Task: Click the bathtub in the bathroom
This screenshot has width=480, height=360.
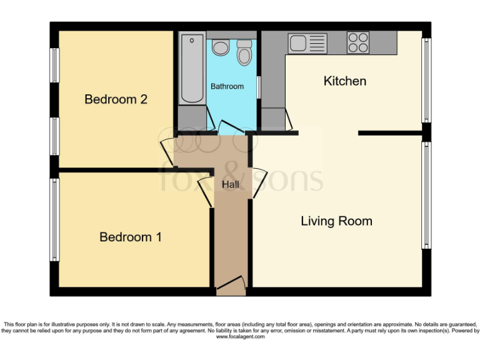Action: click(x=192, y=69)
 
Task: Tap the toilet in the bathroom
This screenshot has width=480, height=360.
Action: click(x=244, y=53)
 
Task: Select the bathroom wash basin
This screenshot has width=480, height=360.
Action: click(x=220, y=47)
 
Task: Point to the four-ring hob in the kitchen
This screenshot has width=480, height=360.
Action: click(x=358, y=42)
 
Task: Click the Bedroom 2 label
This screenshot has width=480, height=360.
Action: click(x=116, y=99)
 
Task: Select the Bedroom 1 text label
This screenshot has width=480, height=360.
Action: click(x=131, y=237)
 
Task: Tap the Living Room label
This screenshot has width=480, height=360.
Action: click(x=336, y=221)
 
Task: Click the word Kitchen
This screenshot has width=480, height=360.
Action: click(x=344, y=81)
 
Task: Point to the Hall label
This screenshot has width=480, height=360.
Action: click(x=231, y=184)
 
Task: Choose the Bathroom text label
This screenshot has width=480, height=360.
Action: click(x=227, y=86)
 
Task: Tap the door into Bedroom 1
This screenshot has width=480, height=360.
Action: click(x=206, y=187)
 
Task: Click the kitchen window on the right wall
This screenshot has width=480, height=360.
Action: click(x=426, y=80)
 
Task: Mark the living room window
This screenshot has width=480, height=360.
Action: click(x=426, y=195)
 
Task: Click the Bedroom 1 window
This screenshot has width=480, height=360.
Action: click(x=55, y=219)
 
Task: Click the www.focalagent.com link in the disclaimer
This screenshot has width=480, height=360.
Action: click(x=240, y=337)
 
